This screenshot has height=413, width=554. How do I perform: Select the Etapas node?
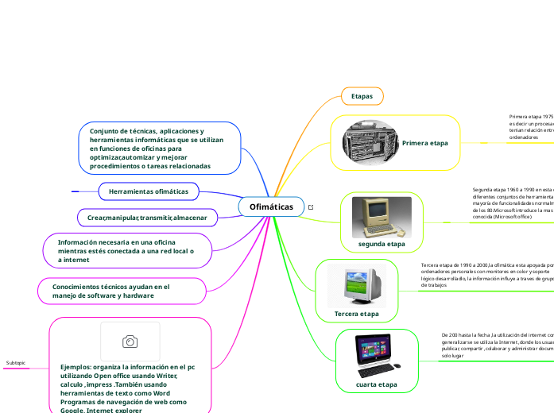(x=362, y=96)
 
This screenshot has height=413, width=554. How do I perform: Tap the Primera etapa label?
(x=424, y=143)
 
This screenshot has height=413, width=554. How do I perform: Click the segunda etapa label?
(x=382, y=244)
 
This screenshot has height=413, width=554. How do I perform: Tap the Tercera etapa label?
(x=356, y=314)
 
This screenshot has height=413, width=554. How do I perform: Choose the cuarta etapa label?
(x=377, y=384)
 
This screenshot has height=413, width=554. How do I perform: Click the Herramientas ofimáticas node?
(x=148, y=191)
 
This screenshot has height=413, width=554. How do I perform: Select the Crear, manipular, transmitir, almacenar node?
(x=147, y=217)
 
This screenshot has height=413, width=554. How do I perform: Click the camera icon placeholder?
(x=130, y=341)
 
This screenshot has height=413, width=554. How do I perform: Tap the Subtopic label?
(x=16, y=363)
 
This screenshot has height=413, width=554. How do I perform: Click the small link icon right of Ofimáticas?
(x=311, y=207)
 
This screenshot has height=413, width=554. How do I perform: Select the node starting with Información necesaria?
(x=126, y=250)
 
